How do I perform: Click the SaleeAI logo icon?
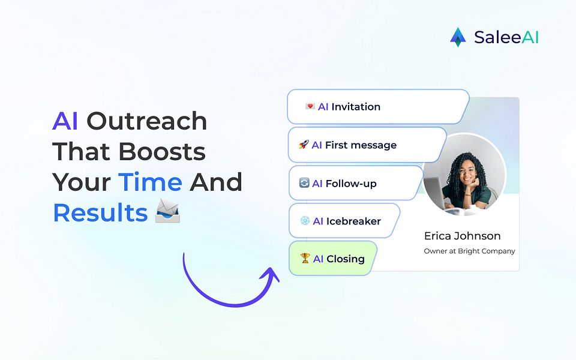(458, 37)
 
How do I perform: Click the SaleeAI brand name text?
(506, 37)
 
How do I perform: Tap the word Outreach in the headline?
(146, 121)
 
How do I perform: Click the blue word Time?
(150, 182)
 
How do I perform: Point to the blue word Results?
(100, 213)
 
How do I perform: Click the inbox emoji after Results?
(168, 212)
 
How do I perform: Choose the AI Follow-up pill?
(355, 183)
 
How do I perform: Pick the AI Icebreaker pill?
(343, 221)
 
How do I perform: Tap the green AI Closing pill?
(332, 259)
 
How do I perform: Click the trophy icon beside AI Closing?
(305, 259)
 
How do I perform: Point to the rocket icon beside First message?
(304, 145)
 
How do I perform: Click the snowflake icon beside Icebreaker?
(305, 221)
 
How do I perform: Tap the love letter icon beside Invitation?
(310, 107)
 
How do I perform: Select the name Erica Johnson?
(462, 236)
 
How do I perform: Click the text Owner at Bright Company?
(469, 251)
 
